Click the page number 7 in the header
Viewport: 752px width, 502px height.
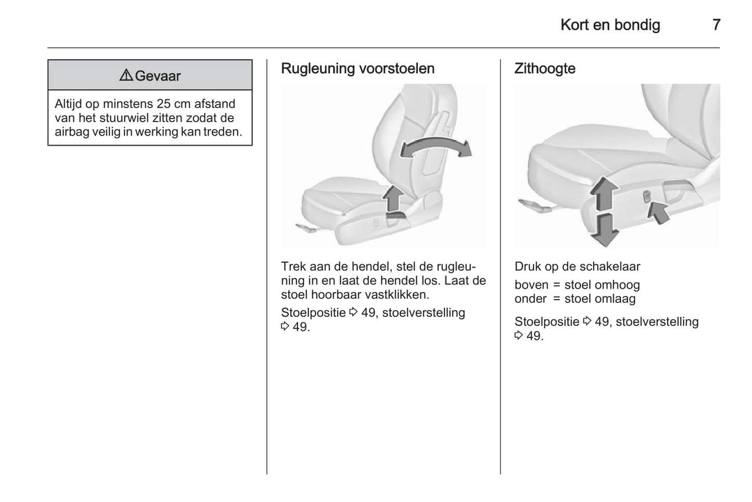[x=716, y=24]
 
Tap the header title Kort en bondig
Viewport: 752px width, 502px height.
[x=610, y=24]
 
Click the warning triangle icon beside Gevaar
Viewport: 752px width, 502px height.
[x=126, y=75]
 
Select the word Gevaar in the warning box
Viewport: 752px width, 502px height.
[x=158, y=76]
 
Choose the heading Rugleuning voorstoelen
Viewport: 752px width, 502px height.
[x=358, y=69]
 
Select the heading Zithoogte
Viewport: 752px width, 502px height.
[x=544, y=69]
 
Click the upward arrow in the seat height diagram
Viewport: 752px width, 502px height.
[x=604, y=194]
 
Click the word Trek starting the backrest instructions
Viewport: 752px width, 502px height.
[x=293, y=266]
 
